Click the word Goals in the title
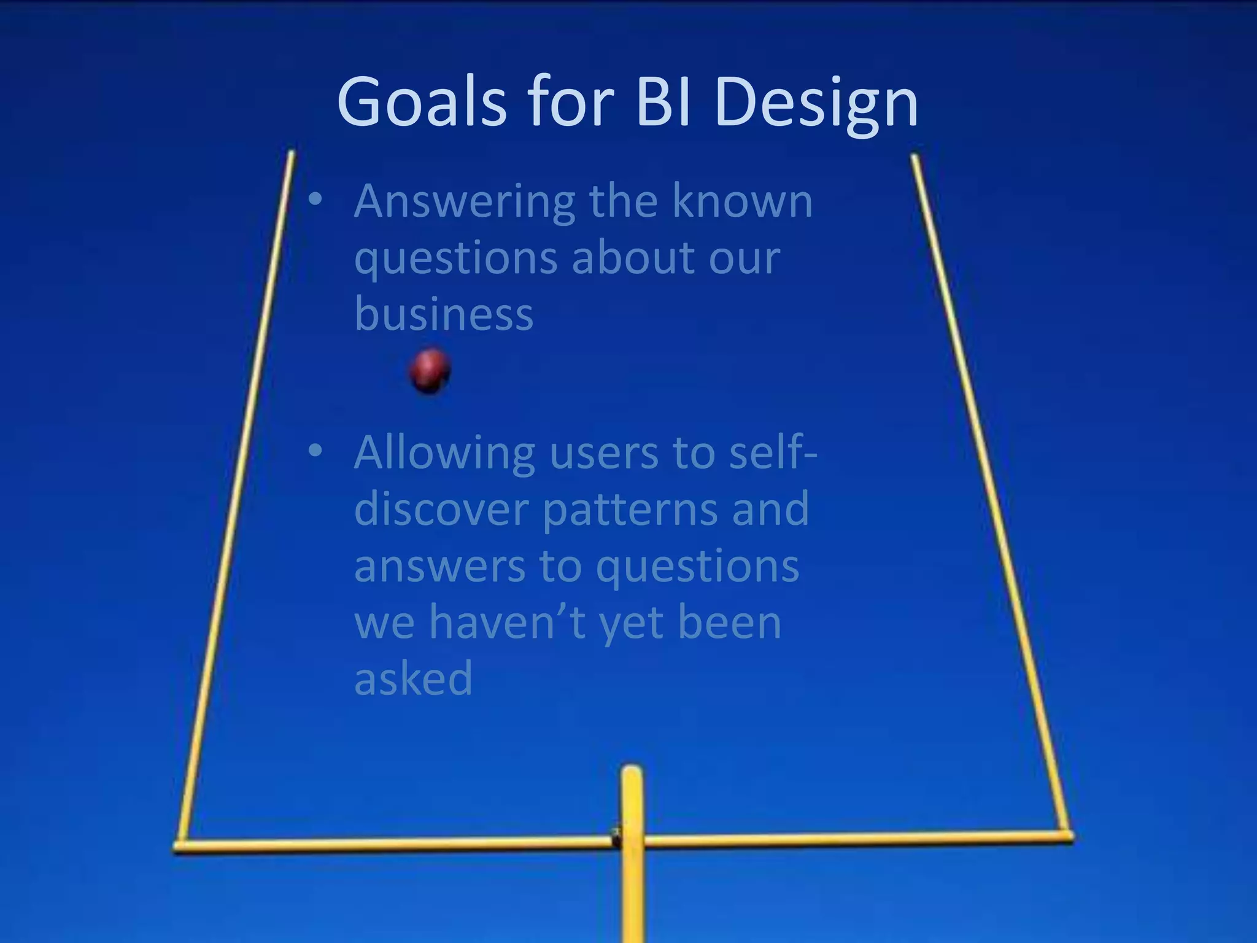tap(422, 102)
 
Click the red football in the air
tap(430, 370)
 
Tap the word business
tap(444, 314)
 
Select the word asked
tap(413, 678)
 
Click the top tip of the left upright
tap(292, 153)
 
